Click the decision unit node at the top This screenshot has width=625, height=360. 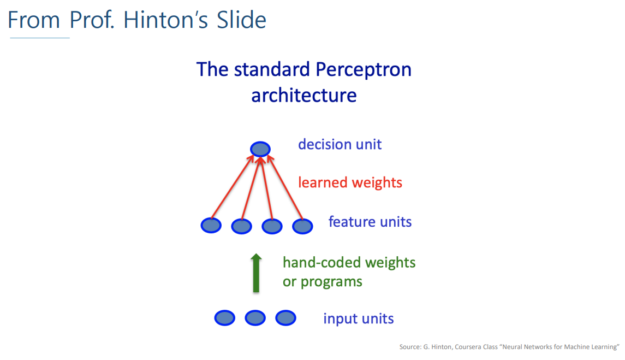click(260, 149)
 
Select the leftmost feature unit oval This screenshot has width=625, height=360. click(211, 226)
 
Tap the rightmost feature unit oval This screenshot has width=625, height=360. click(302, 226)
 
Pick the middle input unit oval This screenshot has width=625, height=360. click(255, 318)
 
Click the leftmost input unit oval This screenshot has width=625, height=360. click(225, 318)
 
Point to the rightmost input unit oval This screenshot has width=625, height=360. click(286, 318)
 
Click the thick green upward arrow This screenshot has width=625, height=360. click(257, 273)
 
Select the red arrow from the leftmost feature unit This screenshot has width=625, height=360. click(233, 187)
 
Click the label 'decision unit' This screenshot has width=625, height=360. click(340, 144)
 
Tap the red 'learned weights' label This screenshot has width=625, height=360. click(350, 182)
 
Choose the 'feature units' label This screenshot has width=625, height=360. click(370, 221)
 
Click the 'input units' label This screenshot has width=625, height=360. click(358, 318)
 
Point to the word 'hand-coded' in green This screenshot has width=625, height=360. click(322, 262)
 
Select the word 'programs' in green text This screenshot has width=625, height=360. click(331, 282)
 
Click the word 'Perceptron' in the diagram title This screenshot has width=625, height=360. click(364, 70)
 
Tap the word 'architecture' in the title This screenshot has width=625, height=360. click(303, 95)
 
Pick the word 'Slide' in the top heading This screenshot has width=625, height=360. click(242, 20)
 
